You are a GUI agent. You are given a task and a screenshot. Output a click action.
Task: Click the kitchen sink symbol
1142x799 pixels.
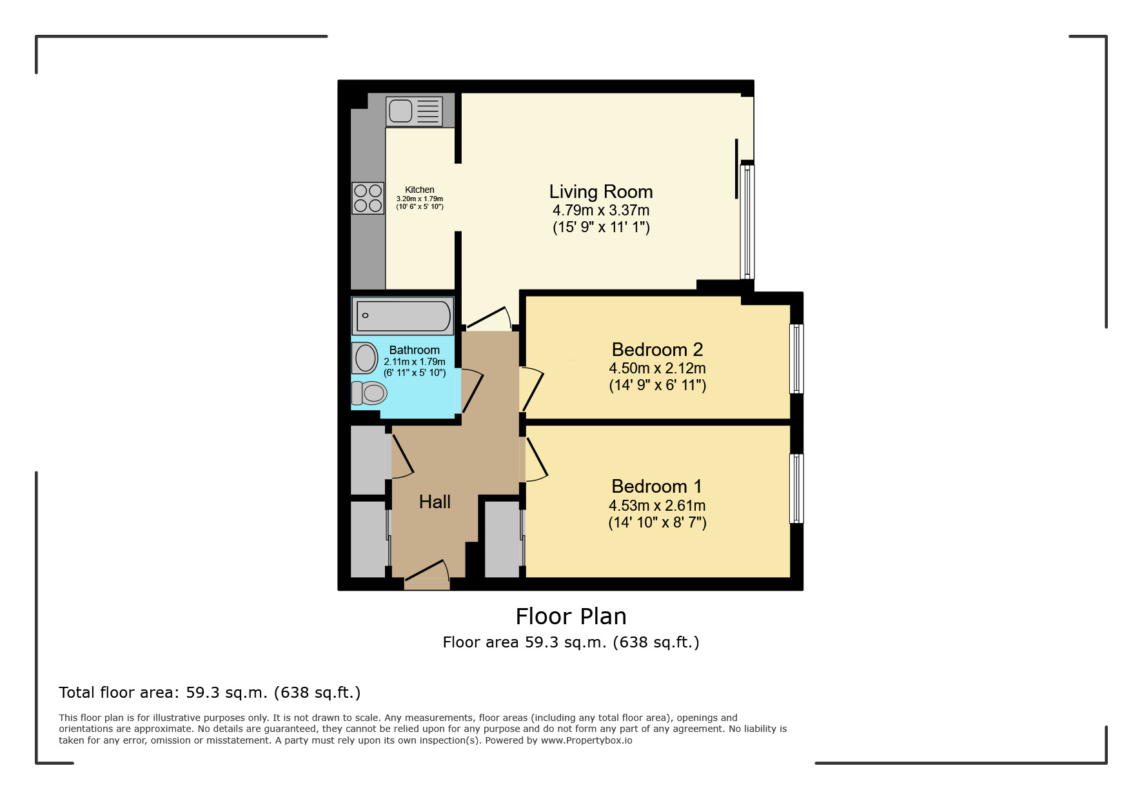pos(414,111)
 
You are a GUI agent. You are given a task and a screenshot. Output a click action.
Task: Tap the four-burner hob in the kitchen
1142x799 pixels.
pos(368,198)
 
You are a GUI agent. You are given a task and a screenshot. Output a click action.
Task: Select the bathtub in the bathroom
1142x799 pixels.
pos(403,316)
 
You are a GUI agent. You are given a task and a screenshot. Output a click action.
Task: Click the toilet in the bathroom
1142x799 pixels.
pos(369,393)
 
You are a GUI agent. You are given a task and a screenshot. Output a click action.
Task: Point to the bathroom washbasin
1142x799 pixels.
pos(365,358)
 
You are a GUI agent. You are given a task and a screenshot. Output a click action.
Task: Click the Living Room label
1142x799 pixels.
pos(600,192)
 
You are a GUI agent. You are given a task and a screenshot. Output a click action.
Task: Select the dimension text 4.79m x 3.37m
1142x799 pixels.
pos(600,210)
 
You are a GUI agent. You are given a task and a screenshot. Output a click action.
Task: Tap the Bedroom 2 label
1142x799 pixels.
pos(656,350)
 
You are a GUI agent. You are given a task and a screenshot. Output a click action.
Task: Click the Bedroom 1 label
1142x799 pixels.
pos(656,486)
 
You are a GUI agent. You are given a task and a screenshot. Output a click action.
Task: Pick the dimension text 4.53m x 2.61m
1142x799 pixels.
pos(656,506)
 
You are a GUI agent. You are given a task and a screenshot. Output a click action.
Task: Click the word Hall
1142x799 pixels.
pos(435,502)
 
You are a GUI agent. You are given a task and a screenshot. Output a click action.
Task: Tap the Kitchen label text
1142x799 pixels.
pos(419,190)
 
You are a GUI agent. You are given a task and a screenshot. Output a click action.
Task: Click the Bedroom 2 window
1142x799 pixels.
pos(796,359)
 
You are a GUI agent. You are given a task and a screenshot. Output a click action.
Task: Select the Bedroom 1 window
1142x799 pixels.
pos(796,488)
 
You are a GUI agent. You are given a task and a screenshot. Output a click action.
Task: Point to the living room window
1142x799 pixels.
pos(747,221)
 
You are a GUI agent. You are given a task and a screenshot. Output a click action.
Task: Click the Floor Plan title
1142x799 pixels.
pos(571,617)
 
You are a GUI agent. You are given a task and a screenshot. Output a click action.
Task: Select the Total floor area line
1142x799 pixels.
pos(210,693)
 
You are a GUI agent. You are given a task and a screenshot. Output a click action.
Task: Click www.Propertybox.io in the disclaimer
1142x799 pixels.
pos(586,740)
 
